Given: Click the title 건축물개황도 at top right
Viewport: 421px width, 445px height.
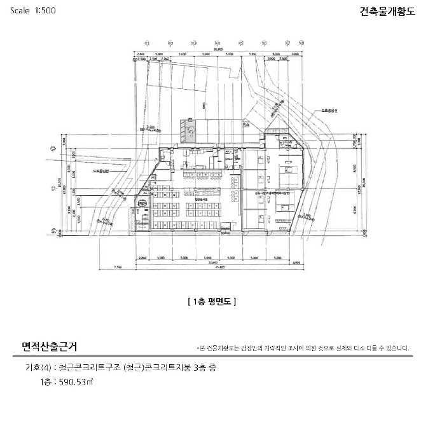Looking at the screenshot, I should click(387, 11).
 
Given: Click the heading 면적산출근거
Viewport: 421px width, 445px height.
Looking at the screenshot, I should click(50, 346).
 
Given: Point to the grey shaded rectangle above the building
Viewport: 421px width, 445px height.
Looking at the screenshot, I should click(189, 130).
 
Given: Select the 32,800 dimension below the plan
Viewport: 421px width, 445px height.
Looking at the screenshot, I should click(212, 262).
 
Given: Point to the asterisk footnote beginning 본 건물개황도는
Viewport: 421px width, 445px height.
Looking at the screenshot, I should click(303, 348).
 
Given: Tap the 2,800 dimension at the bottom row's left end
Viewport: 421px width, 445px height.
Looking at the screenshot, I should click(142, 257).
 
